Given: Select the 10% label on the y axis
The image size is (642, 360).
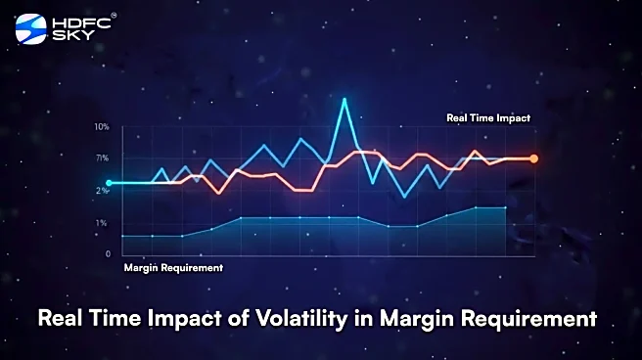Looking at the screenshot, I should [102, 127].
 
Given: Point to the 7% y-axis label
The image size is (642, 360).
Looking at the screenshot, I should [102, 157].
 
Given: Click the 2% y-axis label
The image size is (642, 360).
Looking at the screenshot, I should [102, 190].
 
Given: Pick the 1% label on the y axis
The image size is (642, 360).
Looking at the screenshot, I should [102, 223].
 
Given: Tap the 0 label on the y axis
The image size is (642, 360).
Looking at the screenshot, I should [108, 254].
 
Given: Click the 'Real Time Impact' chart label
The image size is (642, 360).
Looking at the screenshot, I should [487, 117].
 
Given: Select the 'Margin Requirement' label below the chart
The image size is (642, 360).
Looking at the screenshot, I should [173, 267].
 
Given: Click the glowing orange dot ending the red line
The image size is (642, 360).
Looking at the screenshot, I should [533, 158].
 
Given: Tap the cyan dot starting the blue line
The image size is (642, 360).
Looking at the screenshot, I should [109, 183].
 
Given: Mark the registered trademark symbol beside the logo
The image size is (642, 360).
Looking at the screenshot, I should [114, 16].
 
